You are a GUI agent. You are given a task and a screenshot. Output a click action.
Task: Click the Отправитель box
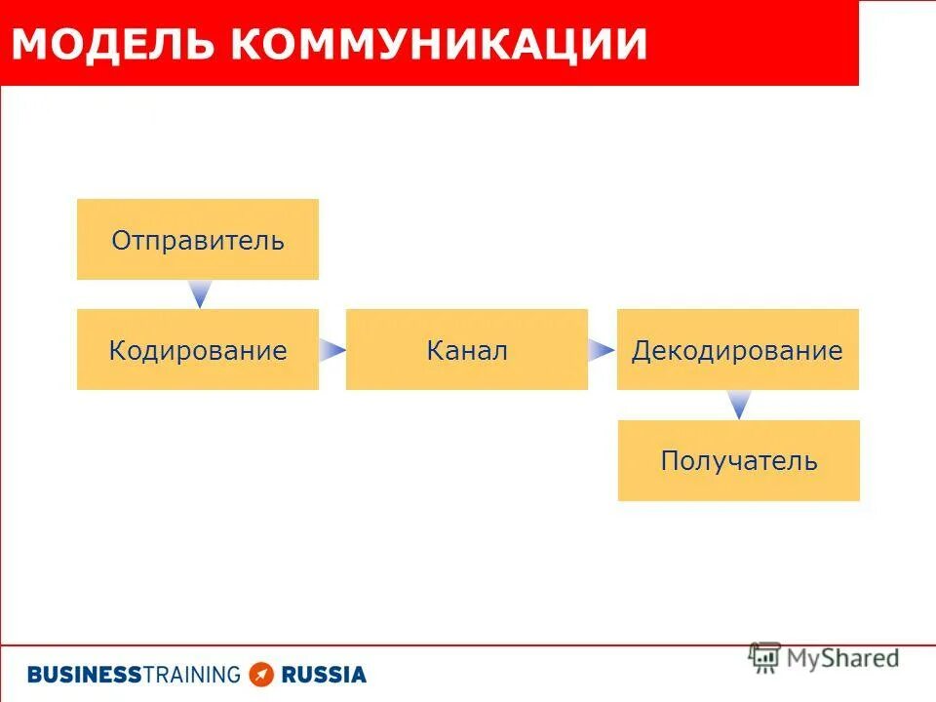click(x=198, y=240)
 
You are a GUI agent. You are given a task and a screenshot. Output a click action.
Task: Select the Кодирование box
click(x=198, y=350)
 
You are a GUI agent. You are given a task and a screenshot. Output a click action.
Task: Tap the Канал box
click(x=467, y=350)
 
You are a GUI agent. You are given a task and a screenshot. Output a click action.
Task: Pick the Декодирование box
click(x=738, y=350)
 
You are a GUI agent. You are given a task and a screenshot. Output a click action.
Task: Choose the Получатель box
click(x=739, y=461)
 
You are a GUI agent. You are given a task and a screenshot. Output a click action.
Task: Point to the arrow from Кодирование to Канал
click(x=332, y=350)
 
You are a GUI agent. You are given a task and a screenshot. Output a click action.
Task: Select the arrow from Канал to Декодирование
click(x=602, y=350)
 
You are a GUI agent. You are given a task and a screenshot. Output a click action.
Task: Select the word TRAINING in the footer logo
click(x=191, y=674)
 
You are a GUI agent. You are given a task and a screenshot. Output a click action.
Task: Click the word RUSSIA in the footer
click(x=324, y=674)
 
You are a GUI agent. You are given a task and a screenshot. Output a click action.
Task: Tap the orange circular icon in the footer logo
click(x=261, y=674)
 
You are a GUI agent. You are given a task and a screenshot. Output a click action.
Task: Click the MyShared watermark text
click(x=842, y=658)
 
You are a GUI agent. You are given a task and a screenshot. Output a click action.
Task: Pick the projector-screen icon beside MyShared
click(x=764, y=658)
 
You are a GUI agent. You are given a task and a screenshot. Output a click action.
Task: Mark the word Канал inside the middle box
click(x=467, y=350)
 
